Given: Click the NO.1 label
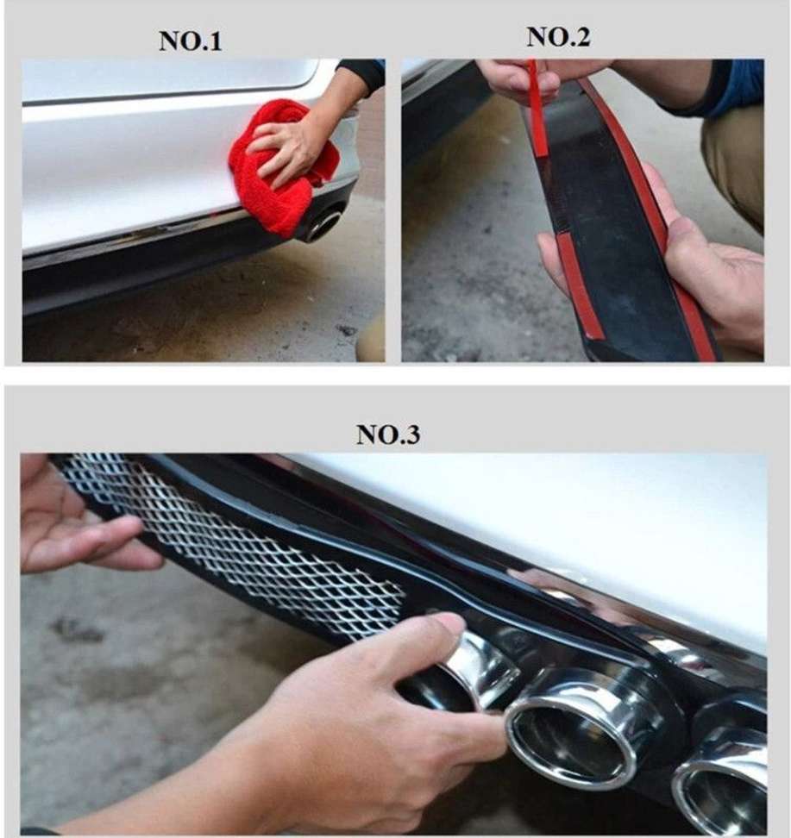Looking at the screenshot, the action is pyautogui.click(x=191, y=41).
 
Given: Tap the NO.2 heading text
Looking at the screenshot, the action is pyautogui.click(x=558, y=37).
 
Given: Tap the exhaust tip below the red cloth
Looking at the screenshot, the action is pyautogui.click(x=323, y=224).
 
